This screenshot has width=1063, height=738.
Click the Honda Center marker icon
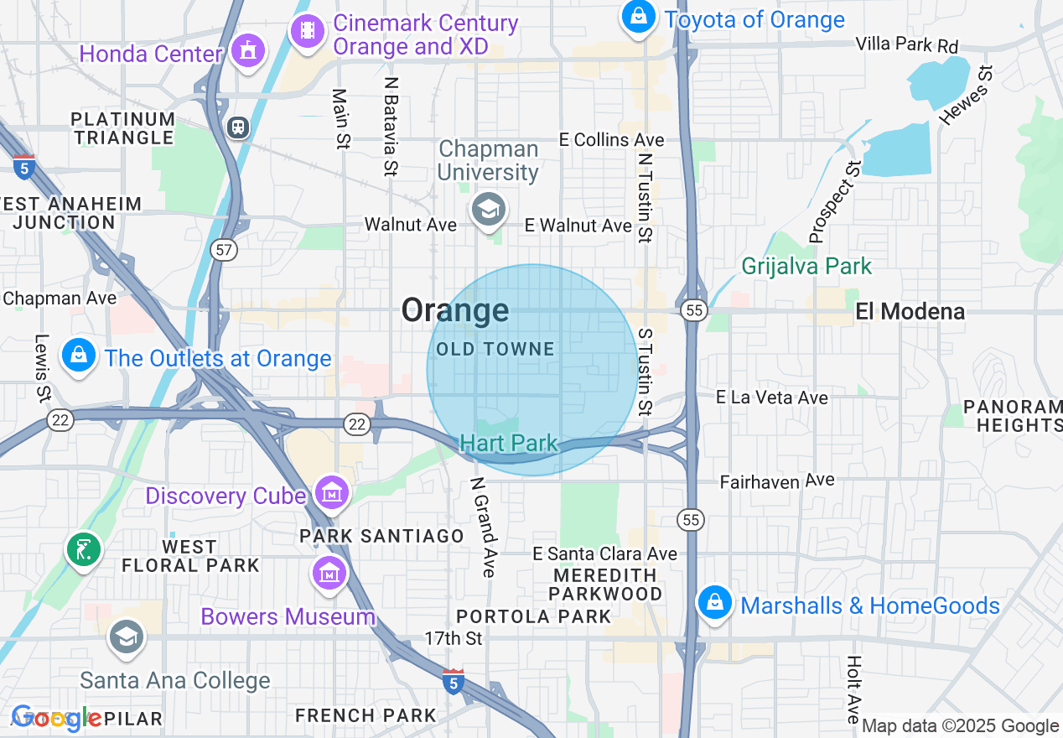[247, 51]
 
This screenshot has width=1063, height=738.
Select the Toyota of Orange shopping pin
[639, 17]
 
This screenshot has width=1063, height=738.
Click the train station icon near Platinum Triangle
[239, 127]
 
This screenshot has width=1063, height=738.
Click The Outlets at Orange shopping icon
[79, 355]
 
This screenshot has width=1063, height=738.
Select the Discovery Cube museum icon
[332, 491]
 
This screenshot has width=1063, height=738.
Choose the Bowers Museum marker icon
[330, 574]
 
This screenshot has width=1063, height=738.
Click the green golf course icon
[84, 550]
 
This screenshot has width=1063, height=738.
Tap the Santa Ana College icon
[127, 638]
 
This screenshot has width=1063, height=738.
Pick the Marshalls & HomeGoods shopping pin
[715, 602]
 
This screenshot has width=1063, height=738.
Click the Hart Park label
[509, 444]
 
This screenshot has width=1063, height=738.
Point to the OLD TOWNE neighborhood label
[495, 349]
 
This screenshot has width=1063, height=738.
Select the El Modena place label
[910, 312]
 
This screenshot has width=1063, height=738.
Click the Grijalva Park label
[806, 267]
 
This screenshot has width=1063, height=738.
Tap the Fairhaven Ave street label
[777, 481]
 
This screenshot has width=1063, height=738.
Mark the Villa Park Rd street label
[906, 44]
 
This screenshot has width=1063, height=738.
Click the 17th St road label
[454, 638]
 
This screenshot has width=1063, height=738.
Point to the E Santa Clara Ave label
[605, 554]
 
